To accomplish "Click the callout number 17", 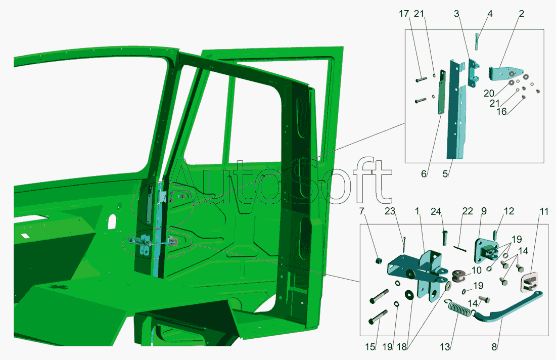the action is (404, 14).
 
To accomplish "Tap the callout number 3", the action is (457, 14).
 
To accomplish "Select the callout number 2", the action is (521, 14).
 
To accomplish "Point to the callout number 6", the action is (424, 174).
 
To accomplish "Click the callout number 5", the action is (445, 174).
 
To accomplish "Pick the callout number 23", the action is (390, 211).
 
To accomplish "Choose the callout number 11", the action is (544, 211).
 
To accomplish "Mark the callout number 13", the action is (445, 347).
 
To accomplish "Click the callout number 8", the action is (494, 347).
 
